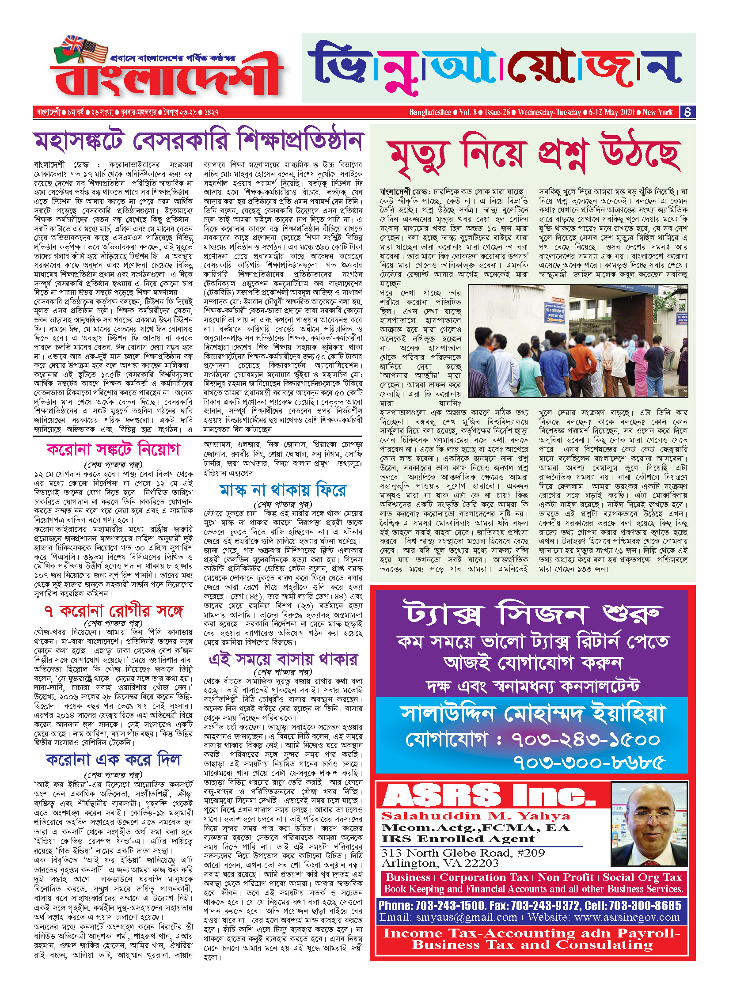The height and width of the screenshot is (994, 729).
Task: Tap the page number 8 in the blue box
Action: tap(687, 112)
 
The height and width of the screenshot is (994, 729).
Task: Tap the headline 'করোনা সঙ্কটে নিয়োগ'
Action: tap(114, 450)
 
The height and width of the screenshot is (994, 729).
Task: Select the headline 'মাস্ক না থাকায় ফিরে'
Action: tap(283, 490)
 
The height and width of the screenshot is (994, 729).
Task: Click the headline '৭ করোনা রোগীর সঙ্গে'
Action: tap(114, 611)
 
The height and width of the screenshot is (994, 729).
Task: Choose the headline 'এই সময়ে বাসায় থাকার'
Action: tap(283, 660)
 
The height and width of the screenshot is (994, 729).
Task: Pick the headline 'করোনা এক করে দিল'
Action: tap(114, 759)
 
